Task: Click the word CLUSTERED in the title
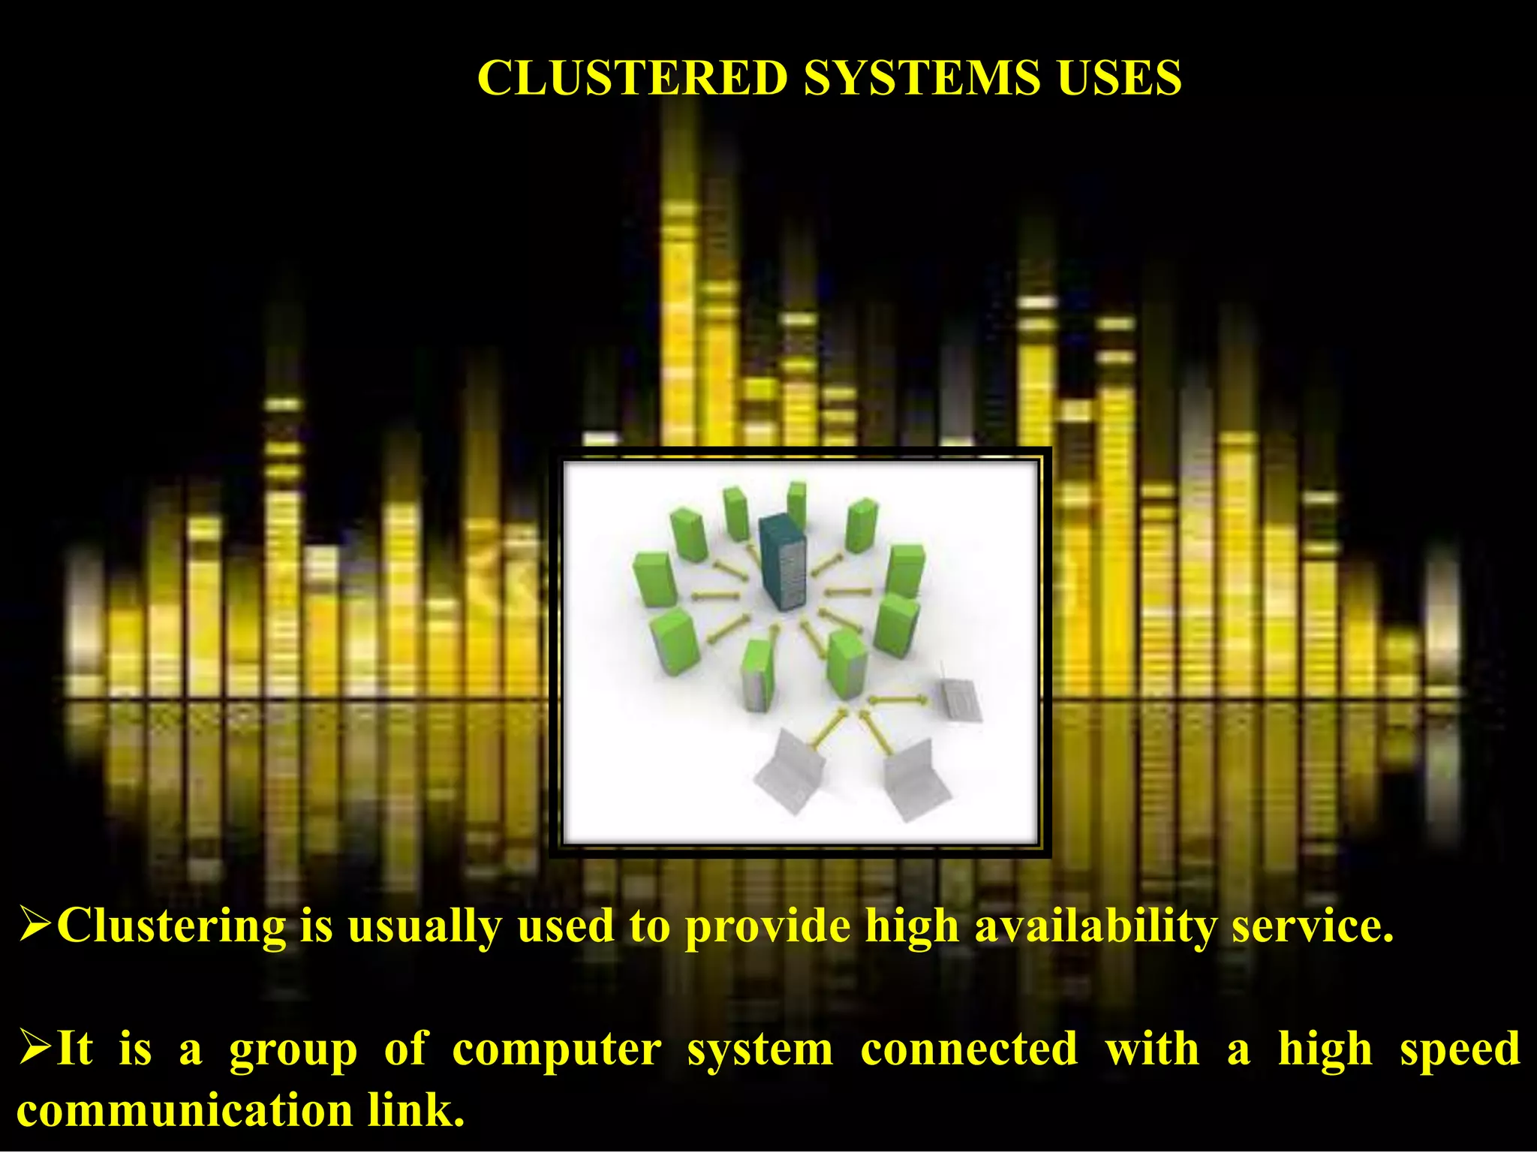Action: click(632, 77)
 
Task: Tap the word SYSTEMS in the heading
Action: click(922, 77)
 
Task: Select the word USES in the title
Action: click(1119, 77)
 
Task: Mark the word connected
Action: click(969, 1049)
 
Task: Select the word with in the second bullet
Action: click(1152, 1049)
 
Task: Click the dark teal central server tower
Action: click(783, 561)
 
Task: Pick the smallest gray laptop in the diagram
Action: click(961, 699)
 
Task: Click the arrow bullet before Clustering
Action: click(35, 926)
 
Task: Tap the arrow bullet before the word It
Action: click(35, 1049)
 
